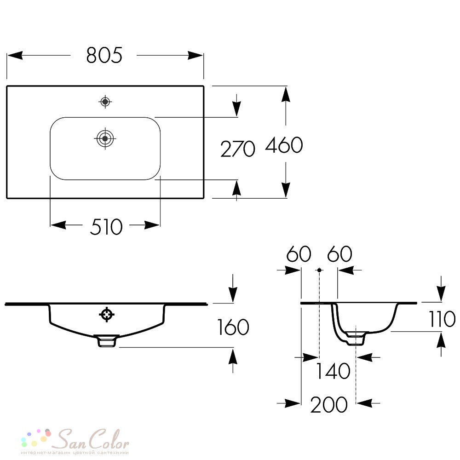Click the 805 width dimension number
click(104, 55)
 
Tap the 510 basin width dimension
click(106, 227)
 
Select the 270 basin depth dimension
click(238, 149)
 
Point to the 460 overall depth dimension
click(284, 145)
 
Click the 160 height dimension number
click(233, 327)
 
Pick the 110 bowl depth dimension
click(442, 319)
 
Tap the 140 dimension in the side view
click(333, 371)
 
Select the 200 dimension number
click(329, 404)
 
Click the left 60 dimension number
click(299, 254)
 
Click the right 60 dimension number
click(340, 254)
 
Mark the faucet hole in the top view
click(105, 102)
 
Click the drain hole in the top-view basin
click(105, 138)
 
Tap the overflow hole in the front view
click(107, 315)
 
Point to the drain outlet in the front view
click(107, 341)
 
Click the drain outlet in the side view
click(356, 338)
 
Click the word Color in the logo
click(109, 439)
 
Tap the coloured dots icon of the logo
click(36, 438)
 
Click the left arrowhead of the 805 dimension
click(15, 55)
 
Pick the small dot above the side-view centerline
click(319, 270)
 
